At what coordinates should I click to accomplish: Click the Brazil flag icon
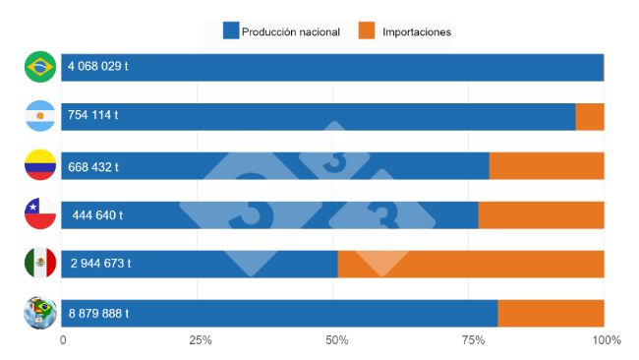[x=40, y=67]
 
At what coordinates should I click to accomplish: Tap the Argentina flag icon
[x=40, y=116]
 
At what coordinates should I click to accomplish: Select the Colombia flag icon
[x=40, y=165]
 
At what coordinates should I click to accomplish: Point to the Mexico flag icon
[x=40, y=263]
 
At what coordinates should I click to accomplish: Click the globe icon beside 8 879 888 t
[x=40, y=313]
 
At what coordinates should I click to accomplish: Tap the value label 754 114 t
[x=93, y=116]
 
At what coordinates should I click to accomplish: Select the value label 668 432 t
[x=93, y=166]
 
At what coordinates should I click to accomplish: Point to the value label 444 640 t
[x=97, y=215]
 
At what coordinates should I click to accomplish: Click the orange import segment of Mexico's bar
[x=471, y=264]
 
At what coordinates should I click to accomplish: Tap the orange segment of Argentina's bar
[x=590, y=116]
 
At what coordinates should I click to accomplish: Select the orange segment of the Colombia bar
[x=547, y=166]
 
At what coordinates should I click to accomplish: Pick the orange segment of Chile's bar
[x=541, y=215]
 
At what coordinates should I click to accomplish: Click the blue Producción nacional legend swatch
[x=231, y=31]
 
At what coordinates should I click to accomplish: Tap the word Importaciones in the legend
[x=415, y=31]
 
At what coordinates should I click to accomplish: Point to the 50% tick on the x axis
[x=337, y=340]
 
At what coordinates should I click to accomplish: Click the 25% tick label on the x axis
[x=201, y=340]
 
